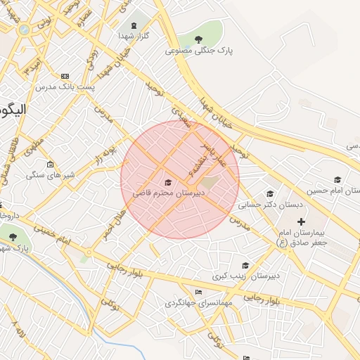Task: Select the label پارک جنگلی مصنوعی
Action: [x=199, y=51]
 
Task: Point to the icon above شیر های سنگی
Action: [x=50, y=165]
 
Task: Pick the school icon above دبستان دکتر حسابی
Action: [x=270, y=194]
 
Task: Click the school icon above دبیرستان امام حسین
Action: [x=337, y=179]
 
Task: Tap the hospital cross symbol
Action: [x=302, y=221]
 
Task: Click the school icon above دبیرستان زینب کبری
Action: [x=245, y=265]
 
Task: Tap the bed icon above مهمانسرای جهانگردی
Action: [x=198, y=292]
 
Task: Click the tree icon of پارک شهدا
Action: [x=13, y=237]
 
